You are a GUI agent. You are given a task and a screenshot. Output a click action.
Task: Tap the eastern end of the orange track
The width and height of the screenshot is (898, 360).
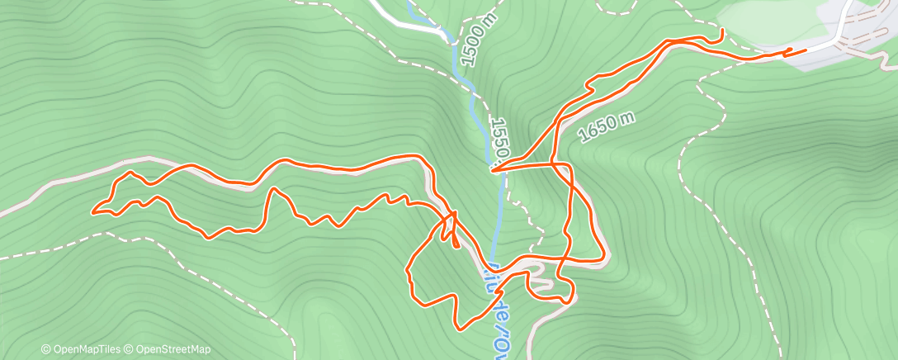[x=805, y=52]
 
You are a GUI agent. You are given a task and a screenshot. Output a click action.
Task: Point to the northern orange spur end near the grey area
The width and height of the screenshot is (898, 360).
[x=723, y=31]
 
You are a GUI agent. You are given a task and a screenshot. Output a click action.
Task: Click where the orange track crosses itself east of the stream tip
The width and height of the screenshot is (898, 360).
[x=567, y=165]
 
